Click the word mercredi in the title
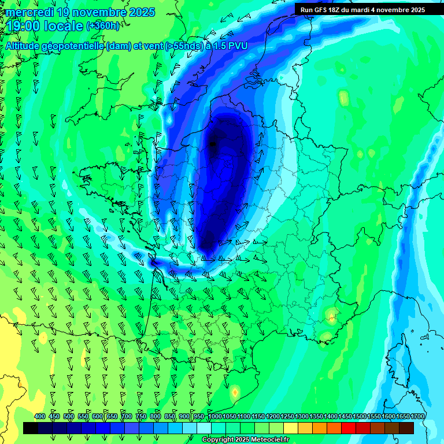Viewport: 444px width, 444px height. point(28,12)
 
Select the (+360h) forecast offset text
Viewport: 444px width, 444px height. point(103,26)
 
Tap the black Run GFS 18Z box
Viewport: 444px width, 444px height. point(362,10)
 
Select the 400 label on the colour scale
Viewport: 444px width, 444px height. point(40,417)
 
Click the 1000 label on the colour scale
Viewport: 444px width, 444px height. point(214,417)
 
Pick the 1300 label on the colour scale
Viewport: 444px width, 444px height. point(301,417)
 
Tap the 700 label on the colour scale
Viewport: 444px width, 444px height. point(127,417)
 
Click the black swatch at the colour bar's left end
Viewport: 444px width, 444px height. point(31,428)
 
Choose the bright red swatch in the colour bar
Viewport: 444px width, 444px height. point(349,428)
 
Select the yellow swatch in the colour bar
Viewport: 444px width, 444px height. point(291,428)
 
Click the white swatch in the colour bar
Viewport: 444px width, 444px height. point(204,428)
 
